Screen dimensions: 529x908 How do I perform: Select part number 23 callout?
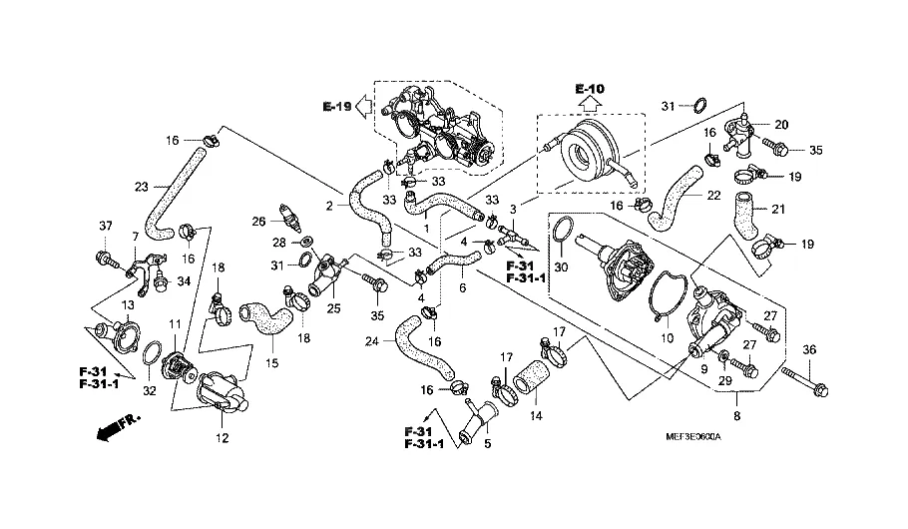[x=142, y=186]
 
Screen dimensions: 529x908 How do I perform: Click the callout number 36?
[x=809, y=349]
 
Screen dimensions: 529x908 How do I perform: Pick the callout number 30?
[x=561, y=267]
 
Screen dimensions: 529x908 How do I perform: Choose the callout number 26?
[x=258, y=221]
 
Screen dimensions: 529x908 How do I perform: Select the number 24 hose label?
[x=371, y=340]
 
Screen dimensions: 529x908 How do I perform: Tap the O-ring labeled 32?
[x=153, y=353]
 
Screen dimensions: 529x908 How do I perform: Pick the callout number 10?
[x=668, y=337]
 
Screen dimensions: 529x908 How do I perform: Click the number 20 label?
[x=781, y=125]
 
